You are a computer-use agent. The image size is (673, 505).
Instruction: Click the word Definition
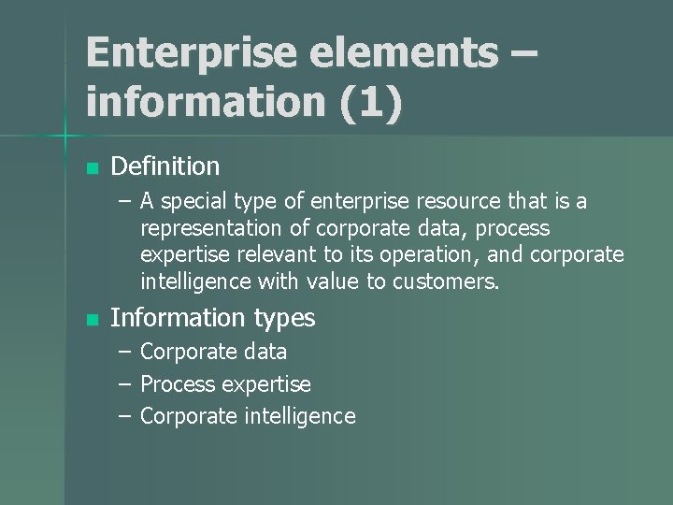(x=165, y=167)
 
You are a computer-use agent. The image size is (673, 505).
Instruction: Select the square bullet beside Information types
(x=91, y=320)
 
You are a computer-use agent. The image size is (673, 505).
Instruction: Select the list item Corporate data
(x=213, y=353)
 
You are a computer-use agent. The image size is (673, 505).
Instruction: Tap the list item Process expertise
(x=225, y=384)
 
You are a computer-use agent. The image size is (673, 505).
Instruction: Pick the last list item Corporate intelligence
(x=248, y=416)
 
